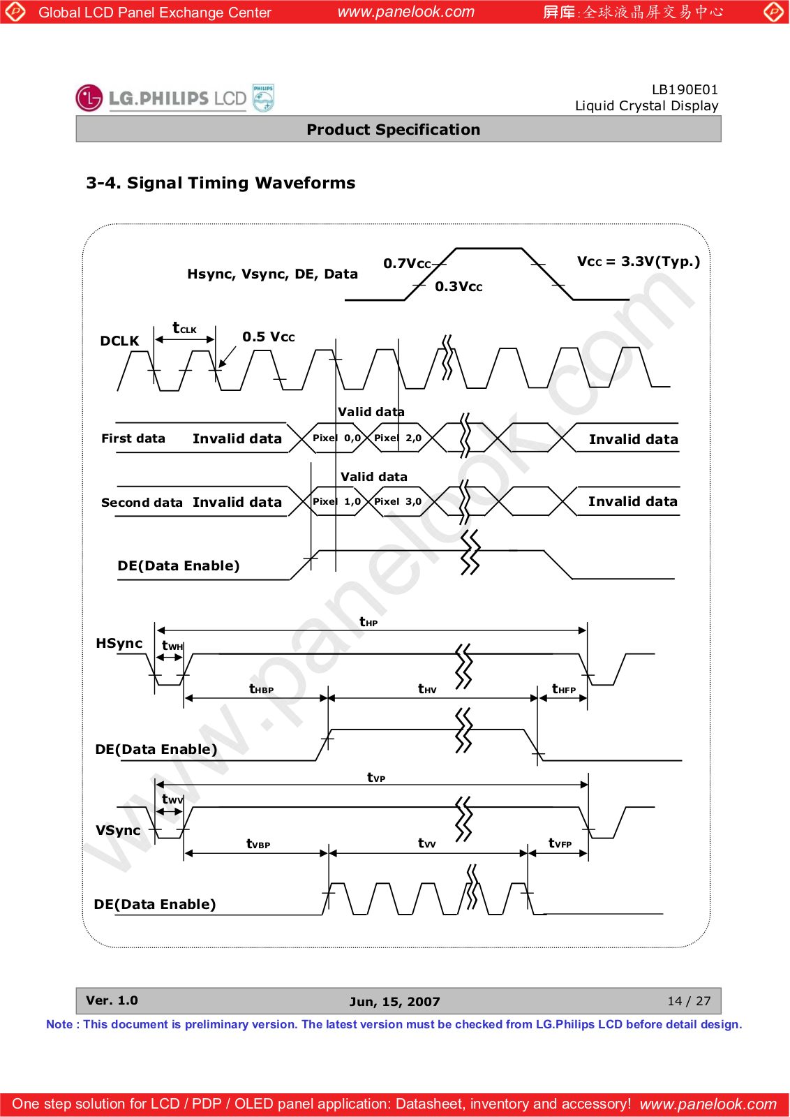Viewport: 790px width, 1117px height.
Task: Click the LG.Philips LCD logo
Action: click(174, 98)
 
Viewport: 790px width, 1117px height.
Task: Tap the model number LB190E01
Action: click(684, 89)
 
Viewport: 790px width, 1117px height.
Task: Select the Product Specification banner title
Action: click(394, 130)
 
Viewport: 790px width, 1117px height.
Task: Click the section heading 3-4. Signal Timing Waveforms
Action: click(221, 183)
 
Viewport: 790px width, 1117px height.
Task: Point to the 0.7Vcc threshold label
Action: click(407, 264)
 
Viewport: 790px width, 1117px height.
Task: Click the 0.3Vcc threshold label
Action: click(459, 287)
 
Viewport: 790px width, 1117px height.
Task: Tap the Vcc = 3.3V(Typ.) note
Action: click(638, 262)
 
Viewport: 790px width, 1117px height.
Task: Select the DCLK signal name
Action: click(119, 341)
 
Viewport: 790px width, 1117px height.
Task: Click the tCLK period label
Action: click(184, 328)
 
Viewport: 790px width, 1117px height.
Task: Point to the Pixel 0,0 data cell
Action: click(336, 438)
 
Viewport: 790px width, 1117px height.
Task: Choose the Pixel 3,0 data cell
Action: click(398, 502)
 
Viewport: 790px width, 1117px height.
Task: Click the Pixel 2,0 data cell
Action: click(398, 438)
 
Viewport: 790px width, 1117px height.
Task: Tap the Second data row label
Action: click(142, 503)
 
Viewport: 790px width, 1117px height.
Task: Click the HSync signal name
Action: click(119, 643)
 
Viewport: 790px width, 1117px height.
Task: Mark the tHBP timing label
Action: click(261, 689)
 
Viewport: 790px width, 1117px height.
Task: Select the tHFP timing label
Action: click(563, 689)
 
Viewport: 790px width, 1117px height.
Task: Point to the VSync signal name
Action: click(118, 830)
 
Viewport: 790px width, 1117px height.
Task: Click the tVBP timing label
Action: click(258, 844)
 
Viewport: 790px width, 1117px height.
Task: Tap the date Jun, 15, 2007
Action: click(394, 1002)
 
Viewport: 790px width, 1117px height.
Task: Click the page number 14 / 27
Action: click(689, 1001)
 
